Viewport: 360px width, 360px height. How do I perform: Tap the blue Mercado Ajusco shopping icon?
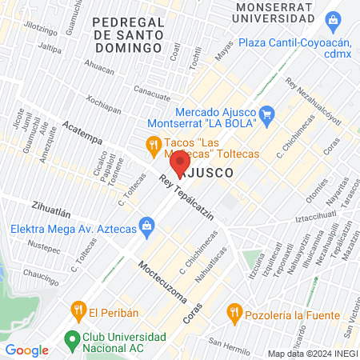(268, 114)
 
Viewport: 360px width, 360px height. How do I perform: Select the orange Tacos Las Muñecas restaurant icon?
(152, 144)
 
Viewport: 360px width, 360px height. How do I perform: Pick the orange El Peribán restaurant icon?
(78, 308)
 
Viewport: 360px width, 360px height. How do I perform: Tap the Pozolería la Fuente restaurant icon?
(234, 310)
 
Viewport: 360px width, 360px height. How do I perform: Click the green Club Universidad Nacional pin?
(72, 338)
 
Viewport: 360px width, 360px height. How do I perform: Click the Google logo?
(26, 350)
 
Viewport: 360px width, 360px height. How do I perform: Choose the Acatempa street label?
(82, 131)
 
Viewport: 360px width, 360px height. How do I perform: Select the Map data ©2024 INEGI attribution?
(312, 353)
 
